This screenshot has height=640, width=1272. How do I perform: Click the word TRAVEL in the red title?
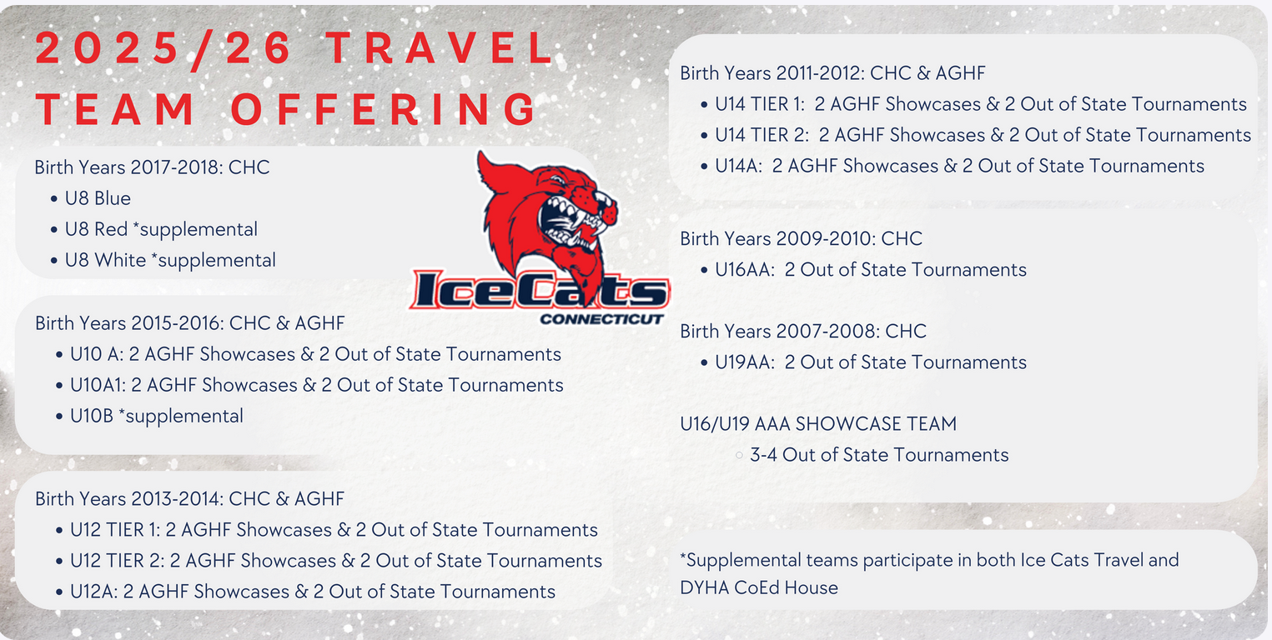coord(441,48)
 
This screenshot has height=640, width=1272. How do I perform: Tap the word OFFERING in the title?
coord(384,109)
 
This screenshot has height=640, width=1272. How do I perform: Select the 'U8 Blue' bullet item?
coord(98,198)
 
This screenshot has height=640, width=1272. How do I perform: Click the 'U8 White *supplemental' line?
coord(170,260)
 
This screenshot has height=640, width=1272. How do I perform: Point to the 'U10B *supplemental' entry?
coord(157,416)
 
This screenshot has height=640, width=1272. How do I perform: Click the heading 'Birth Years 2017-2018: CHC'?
coord(152,167)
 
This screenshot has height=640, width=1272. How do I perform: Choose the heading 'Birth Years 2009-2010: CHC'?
coord(802,239)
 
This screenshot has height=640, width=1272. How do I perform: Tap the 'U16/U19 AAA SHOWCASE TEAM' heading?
coord(818,424)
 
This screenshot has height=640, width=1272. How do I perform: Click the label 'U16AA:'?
coord(745,269)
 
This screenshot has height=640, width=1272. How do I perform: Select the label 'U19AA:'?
coord(745,362)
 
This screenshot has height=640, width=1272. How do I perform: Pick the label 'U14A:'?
coord(738,166)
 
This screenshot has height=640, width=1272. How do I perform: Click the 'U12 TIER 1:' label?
coord(115,529)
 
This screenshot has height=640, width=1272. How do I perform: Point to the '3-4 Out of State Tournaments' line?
coord(879,455)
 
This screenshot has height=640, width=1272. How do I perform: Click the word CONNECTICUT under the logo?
coord(601,319)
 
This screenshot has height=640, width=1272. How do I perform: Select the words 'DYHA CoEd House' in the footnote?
coord(759,587)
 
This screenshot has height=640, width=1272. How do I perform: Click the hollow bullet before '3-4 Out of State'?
coord(739,455)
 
